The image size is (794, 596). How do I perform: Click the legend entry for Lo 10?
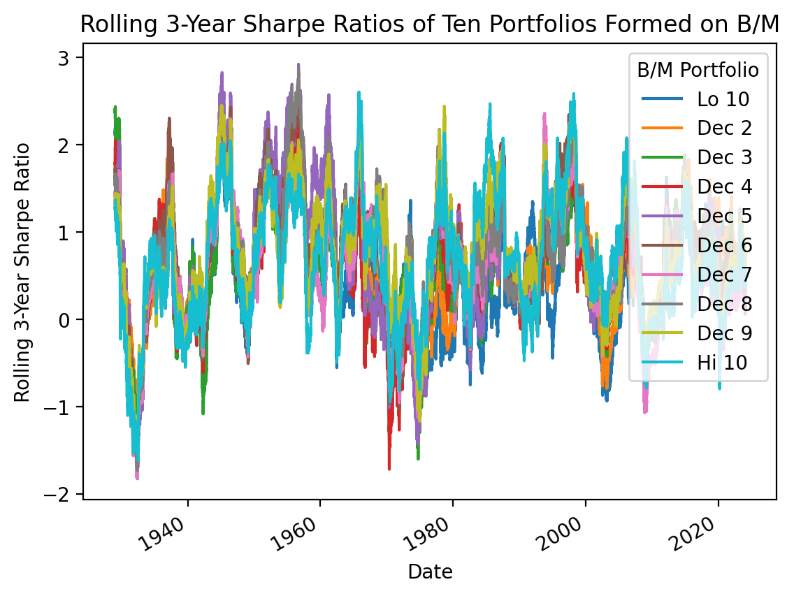point(723,99)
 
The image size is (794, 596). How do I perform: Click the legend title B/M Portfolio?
point(698,71)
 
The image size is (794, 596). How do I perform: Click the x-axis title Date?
point(430,573)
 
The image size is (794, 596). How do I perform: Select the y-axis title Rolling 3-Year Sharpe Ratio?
point(22,272)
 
